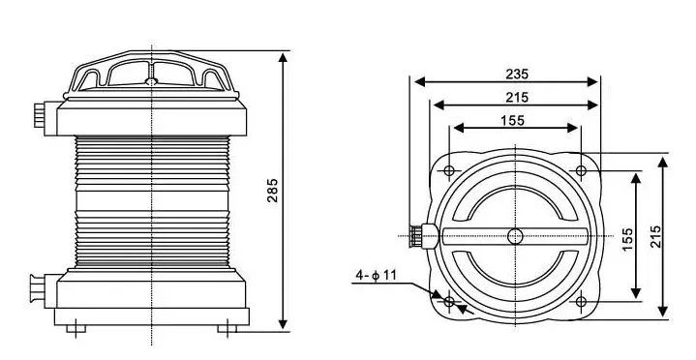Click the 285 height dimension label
[x=272, y=191]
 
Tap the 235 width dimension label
[x=517, y=74]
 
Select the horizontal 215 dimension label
[x=517, y=97]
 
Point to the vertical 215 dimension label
[x=655, y=236]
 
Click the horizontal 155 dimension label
[x=512, y=120]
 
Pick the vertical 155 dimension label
[x=627, y=239]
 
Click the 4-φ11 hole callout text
[x=376, y=276]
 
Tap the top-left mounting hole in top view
[x=449, y=170]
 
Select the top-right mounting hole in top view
[x=581, y=170]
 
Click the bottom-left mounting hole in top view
[x=449, y=302]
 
